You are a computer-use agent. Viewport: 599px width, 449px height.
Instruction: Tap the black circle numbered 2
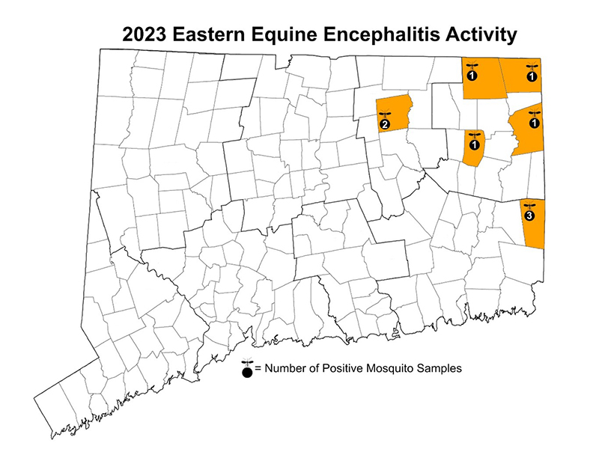coord(384,124)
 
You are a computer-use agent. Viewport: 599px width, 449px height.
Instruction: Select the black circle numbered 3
coord(529,216)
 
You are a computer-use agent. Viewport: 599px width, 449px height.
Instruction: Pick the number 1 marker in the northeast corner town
coord(532,76)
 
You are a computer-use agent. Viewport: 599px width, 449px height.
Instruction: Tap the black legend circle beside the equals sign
coord(247,370)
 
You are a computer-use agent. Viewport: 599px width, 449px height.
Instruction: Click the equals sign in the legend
coord(258,368)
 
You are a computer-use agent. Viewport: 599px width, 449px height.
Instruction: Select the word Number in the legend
coord(285,368)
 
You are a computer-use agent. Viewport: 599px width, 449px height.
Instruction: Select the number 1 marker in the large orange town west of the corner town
coord(472,76)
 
